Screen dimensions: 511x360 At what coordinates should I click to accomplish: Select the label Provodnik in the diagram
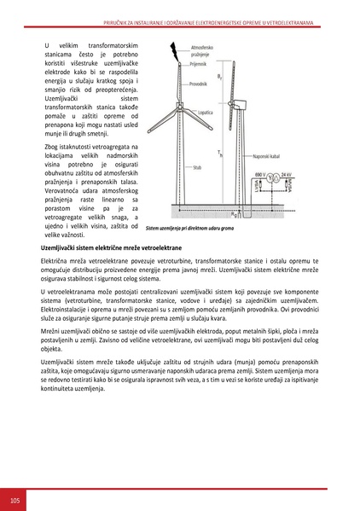[199, 84]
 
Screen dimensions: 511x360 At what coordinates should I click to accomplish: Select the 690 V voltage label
[261, 173]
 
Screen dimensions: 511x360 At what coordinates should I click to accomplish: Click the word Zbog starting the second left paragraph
[51, 147]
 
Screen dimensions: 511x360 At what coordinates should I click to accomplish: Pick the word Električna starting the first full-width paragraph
[58, 258]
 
